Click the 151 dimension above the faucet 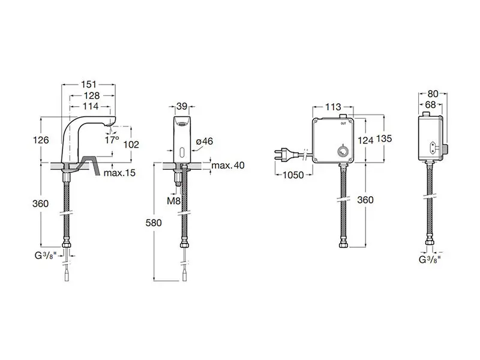click(x=89, y=84)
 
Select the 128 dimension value click(x=92, y=96)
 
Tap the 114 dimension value click(x=91, y=106)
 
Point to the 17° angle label click(x=112, y=140)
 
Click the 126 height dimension click(x=41, y=140)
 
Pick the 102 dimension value click(x=131, y=144)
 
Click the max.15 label click(x=119, y=173)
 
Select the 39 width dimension click(x=182, y=106)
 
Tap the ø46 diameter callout click(x=205, y=141)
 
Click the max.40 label click(x=228, y=166)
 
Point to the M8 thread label click(x=173, y=201)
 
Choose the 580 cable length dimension click(x=154, y=223)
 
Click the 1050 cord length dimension click(x=293, y=175)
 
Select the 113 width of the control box click(x=333, y=107)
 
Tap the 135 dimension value click(x=384, y=139)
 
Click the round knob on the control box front click(x=343, y=151)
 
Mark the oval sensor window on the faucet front click(x=182, y=152)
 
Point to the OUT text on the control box click(x=343, y=124)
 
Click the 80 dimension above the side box click(x=433, y=94)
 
